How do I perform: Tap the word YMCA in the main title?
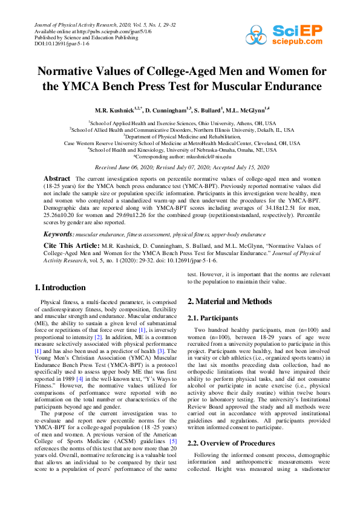[66, 86]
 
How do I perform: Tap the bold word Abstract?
[57, 180]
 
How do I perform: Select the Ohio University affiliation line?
[180, 122]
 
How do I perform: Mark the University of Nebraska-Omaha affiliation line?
[180, 149]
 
